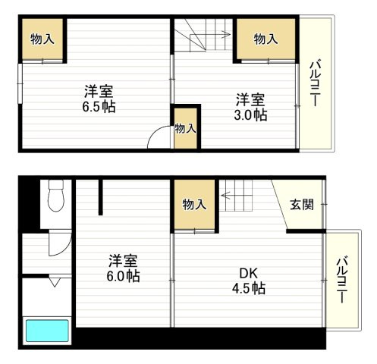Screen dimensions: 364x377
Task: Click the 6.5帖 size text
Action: point(99,108)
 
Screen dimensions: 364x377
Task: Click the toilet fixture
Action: point(54,199)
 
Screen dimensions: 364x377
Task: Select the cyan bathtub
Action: point(47,331)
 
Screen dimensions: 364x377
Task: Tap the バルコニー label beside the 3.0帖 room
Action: point(313,84)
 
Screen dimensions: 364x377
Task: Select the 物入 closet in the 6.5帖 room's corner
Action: point(42,39)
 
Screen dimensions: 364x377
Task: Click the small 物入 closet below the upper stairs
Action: point(185,128)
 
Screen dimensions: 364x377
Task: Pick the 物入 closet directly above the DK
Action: point(194,203)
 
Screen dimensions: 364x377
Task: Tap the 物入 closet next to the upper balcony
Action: point(265,39)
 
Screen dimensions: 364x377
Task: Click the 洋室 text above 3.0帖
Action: point(250,99)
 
